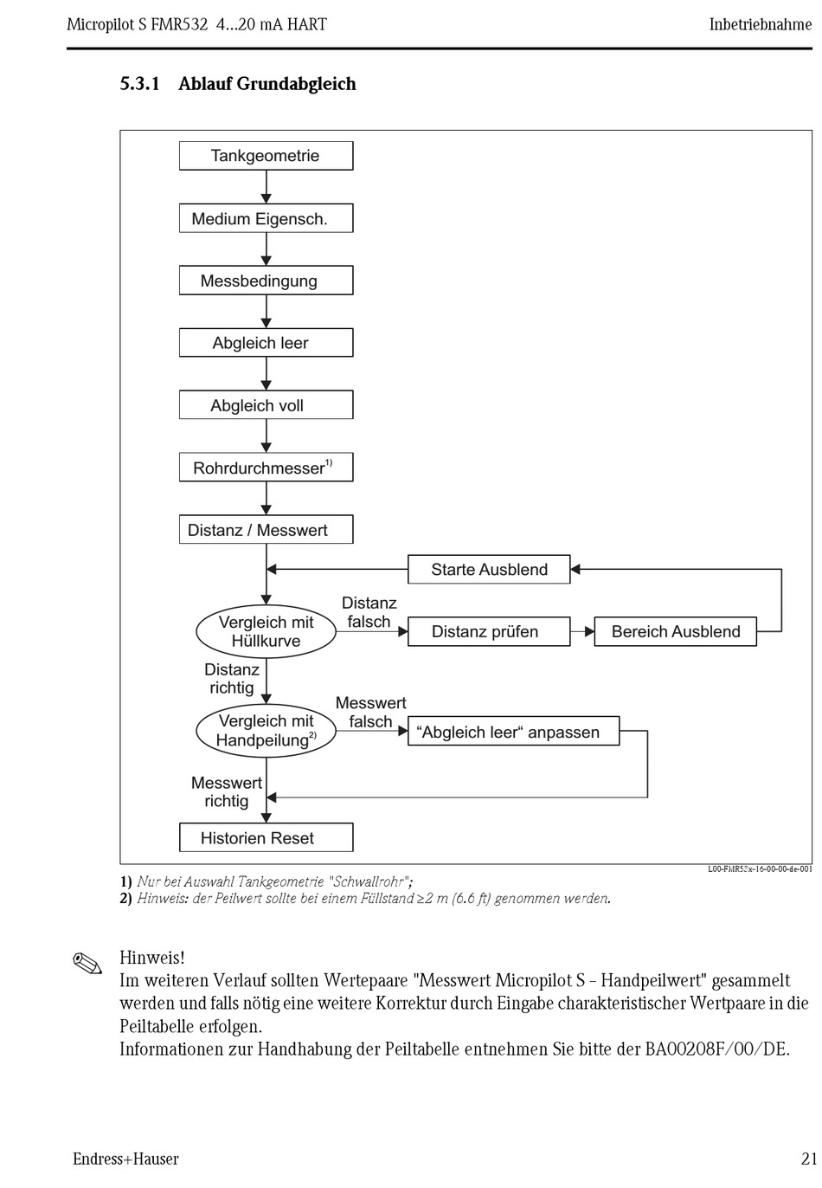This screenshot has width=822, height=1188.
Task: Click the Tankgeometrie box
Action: (x=266, y=155)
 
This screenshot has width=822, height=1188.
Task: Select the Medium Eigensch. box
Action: (x=266, y=218)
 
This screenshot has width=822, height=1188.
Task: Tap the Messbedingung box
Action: (x=266, y=280)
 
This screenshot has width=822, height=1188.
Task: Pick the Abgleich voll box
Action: (x=266, y=404)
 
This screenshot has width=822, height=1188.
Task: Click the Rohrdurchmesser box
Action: (x=266, y=468)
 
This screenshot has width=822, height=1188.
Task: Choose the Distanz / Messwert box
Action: (x=266, y=529)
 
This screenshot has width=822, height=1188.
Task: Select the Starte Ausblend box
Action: (x=489, y=569)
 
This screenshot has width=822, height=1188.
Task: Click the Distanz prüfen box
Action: (x=489, y=631)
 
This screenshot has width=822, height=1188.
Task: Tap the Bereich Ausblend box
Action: (x=675, y=631)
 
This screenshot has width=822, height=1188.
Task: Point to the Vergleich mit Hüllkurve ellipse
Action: (x=266, y=631)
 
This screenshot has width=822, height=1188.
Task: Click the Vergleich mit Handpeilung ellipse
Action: (x=266, y=731)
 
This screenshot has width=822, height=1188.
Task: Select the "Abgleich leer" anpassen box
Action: (x=513, y=731)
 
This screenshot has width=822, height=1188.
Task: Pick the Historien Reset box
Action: (x=266, y=837)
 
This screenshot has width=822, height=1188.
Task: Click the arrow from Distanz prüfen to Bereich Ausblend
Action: (x=582, y=631)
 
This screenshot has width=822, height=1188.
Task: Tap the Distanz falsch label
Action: (x=369, y=612)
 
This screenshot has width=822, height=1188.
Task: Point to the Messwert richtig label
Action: (x=227, y=791)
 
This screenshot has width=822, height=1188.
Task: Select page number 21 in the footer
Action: (x=809, y=1159)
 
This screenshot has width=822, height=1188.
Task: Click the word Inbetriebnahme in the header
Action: (x=761, y=24)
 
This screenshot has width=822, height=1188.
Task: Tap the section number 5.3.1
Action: (x=139, y=84)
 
